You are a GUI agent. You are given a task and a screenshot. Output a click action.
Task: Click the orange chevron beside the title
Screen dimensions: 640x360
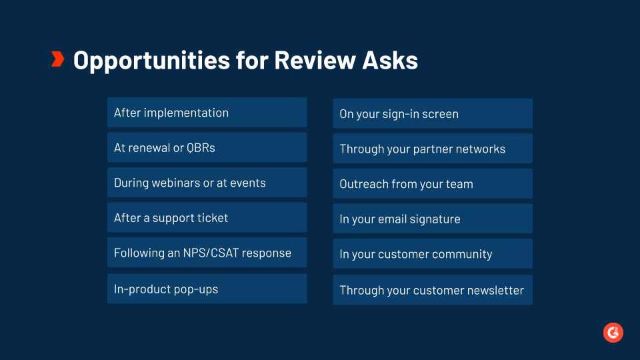pos(58,59)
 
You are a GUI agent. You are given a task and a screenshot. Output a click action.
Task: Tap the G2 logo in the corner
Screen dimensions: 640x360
pos(613,333)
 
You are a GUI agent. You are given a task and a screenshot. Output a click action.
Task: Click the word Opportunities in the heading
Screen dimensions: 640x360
pos(151,61)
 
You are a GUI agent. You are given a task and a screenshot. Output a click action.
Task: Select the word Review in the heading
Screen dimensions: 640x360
pos(315,60)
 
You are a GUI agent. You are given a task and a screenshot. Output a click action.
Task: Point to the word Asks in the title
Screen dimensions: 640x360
pos(390,60)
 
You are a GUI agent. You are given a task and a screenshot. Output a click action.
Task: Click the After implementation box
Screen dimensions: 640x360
pos(207,112)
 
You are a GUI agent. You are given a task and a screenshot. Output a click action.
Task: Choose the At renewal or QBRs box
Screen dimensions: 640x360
pos(207,147)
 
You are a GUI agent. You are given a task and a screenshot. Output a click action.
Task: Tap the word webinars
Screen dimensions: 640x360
pos(175,183)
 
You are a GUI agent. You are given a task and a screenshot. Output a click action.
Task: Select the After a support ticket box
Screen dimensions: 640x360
pos(207,217)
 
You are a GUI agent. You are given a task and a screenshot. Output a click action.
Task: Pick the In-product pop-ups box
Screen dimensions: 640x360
pos(207,289)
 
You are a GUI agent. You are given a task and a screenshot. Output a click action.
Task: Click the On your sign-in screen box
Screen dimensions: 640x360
pos(433,113)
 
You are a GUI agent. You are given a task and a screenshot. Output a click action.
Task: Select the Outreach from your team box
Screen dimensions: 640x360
pos(433,184)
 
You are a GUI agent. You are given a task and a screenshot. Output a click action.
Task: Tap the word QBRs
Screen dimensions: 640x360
pos(201,148)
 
